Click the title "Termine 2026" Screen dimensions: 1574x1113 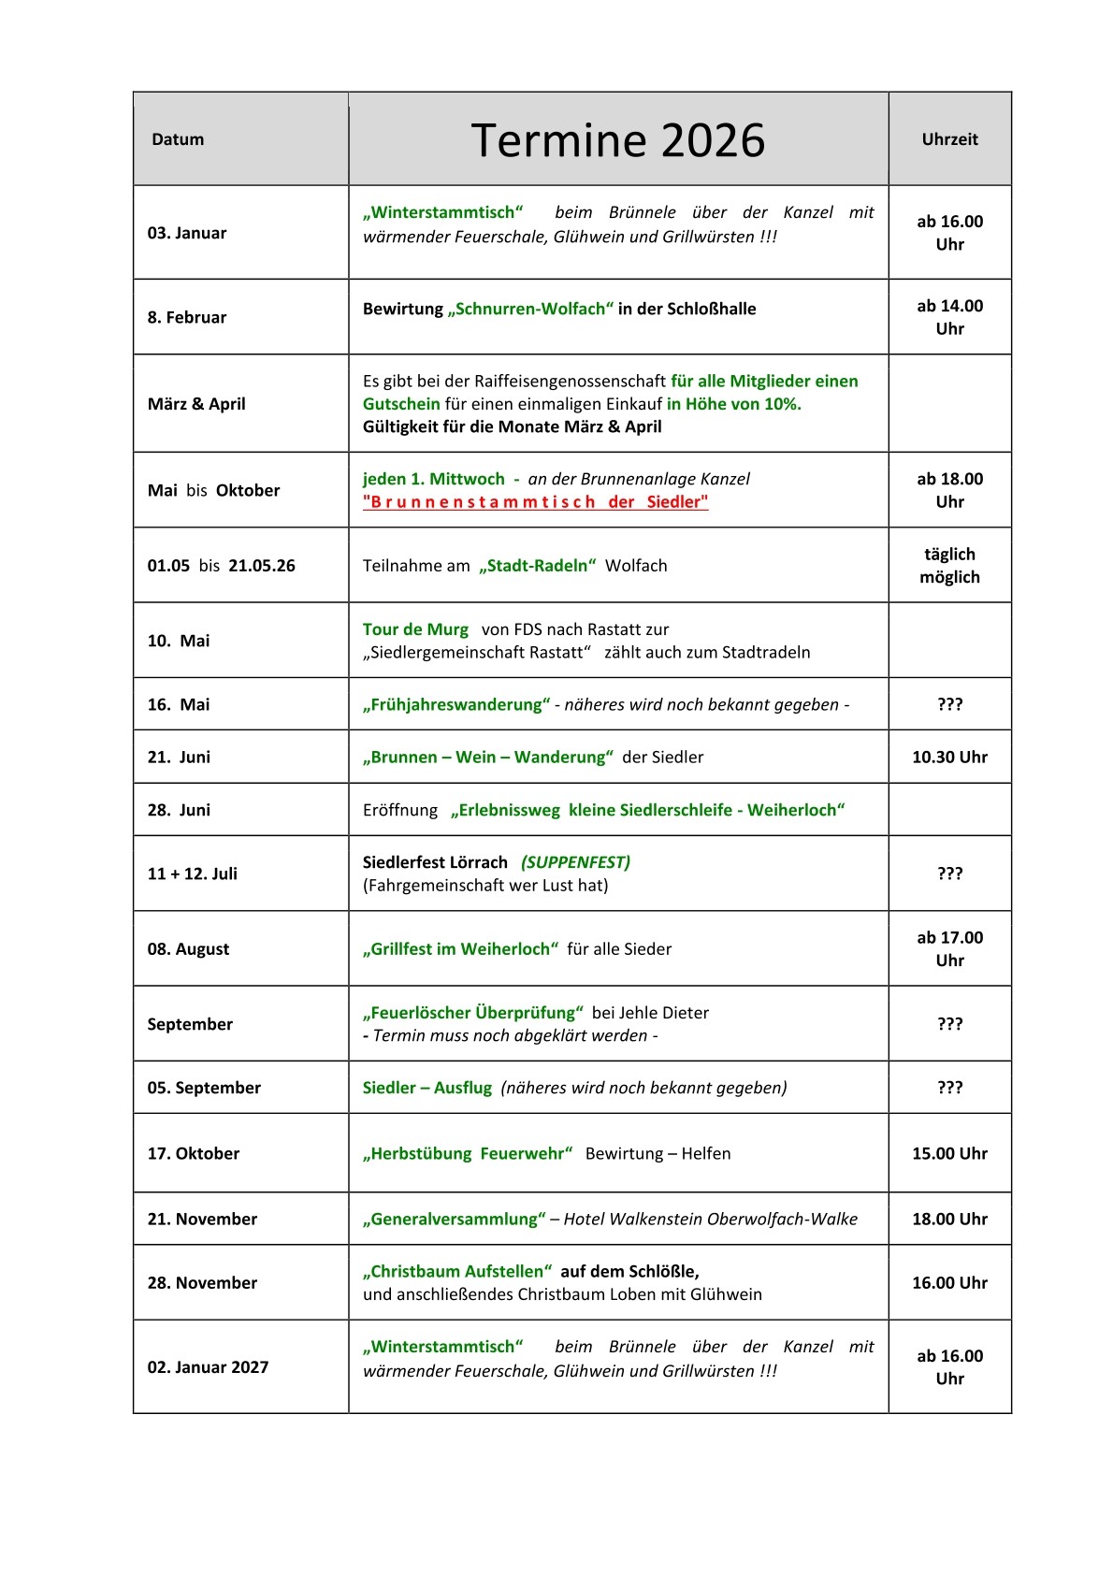(x=617, y=140)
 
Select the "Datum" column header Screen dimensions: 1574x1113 (x=178, y=139)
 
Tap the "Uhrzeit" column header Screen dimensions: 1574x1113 (x=949, y=139)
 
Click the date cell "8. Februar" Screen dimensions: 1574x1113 (x=187, y=317)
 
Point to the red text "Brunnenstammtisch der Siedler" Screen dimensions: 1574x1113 (x=535, y=502)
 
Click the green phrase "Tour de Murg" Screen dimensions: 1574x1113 (x=415, y=629)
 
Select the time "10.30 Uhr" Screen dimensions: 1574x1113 (x=949, y=757)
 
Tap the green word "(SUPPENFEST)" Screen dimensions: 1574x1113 (x=575, y=862)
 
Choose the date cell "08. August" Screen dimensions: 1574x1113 (x=188, y=948)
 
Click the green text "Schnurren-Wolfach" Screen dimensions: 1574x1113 (x=530, y=309)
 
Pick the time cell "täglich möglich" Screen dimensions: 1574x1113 (x=949, y=566)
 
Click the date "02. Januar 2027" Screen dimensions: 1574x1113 (x=208, y=1366)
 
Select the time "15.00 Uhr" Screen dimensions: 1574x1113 (x=949, y=1153)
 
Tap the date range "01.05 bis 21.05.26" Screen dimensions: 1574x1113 (x=221, y=566)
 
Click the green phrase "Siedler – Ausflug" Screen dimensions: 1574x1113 (x=426, y=1088)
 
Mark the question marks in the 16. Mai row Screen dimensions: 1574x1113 (x=949, y=704)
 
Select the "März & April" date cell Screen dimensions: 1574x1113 (x=196, y=404)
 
